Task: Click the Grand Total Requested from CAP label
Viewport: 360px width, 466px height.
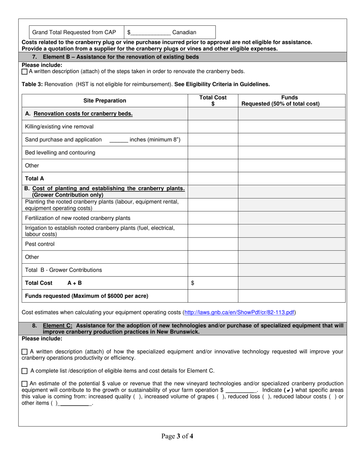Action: (x=74, y=33)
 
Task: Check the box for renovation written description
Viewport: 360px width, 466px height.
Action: (x=25, y=72)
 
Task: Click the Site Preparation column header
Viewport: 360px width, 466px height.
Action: (x=105, y=101)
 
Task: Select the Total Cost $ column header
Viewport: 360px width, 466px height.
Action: (x=213, y=101)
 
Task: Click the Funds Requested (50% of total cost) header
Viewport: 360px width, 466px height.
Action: (x=291, y=101)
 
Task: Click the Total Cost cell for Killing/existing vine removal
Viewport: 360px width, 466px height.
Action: (x=213, y=127)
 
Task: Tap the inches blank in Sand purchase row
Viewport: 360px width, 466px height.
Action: (x=119, y=140)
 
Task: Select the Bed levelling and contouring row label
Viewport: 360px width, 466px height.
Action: (x=60, y=153)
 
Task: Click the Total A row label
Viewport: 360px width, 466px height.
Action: (x=34, y=178)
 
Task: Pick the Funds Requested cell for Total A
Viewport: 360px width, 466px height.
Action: (x=291, y=178)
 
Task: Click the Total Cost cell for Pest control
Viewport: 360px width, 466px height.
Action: (x=213, y=244)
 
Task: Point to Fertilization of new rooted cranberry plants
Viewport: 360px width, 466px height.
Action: (x=78, y=218)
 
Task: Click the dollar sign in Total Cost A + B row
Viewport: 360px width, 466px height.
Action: (x=193, y=283)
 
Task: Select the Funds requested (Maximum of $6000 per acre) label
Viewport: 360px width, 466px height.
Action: (x=86, y=296)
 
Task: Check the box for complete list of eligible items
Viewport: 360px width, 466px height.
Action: (x=25, y=371)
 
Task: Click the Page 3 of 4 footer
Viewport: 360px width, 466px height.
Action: (x=177, y=436)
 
